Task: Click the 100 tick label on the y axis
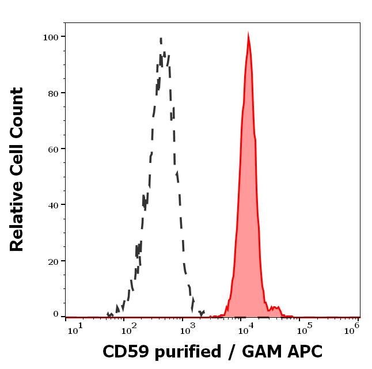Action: coord(51,37)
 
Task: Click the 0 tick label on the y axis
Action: coord(56,314)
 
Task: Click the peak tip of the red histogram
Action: coord(248,36)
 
